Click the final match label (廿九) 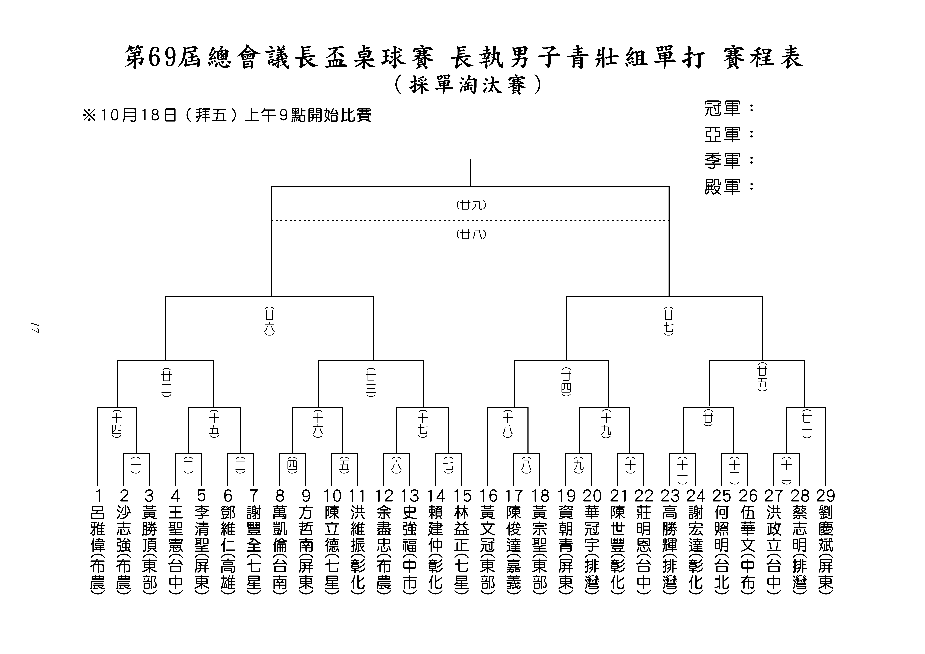click(x=471, y=205)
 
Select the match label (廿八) click(x=471, y=234)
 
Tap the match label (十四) click(x=116, y=424)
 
